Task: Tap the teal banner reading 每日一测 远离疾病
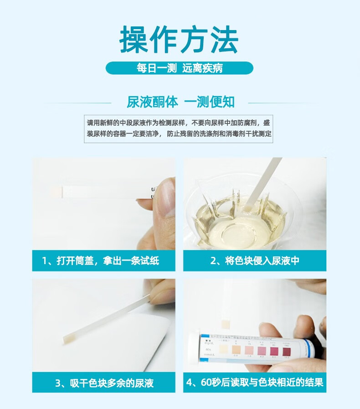pyautogui.click(x=179, y=68)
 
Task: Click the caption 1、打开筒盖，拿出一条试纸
pyautogui.click(x=103, y=261)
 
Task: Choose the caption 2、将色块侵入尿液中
pyautogui.click(x=255, y=261)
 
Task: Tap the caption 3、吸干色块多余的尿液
pyautogui.click(x=103, y=383)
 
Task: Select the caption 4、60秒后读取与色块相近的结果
pyautogui.click(x=255, y=383)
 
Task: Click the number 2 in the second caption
pyautogui.click(x=214, y=261)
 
